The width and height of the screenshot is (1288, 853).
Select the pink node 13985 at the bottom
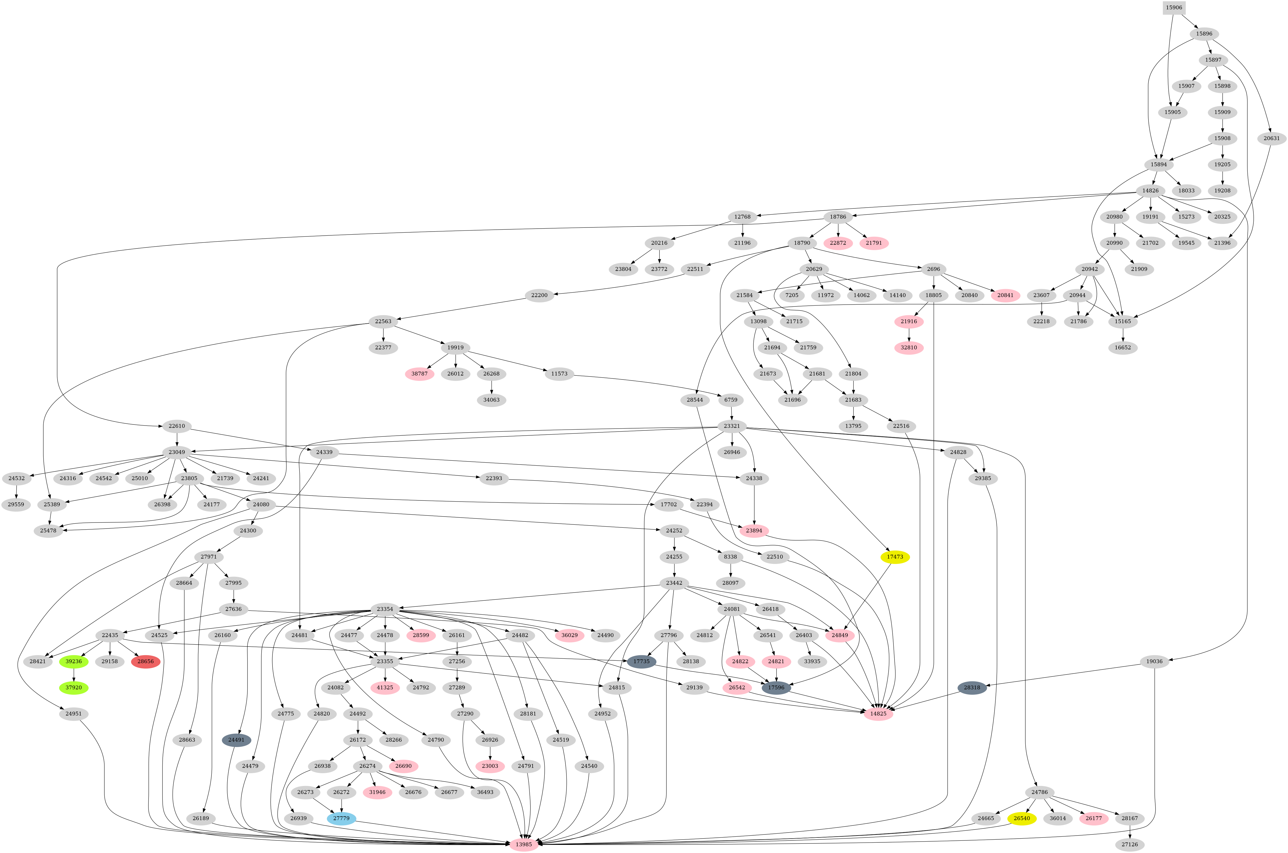pos(524,844)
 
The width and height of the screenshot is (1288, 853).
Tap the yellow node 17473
pos(895,557)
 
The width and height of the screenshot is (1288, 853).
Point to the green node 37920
pos(73,688)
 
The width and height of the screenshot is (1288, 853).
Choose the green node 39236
pos(73,661)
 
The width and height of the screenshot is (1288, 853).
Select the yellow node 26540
pos(1022,818)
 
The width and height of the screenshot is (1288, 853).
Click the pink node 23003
pos(490,766)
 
